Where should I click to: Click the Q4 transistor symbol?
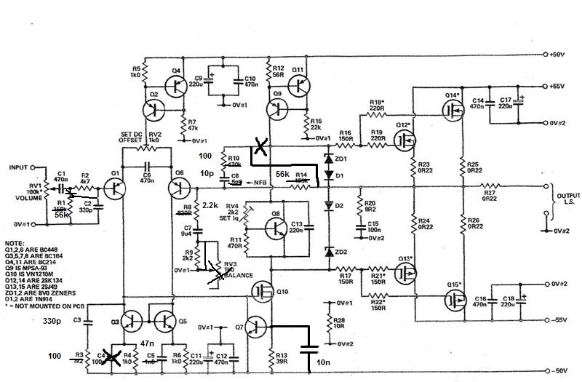(175, 84)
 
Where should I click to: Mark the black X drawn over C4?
(111, 357)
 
